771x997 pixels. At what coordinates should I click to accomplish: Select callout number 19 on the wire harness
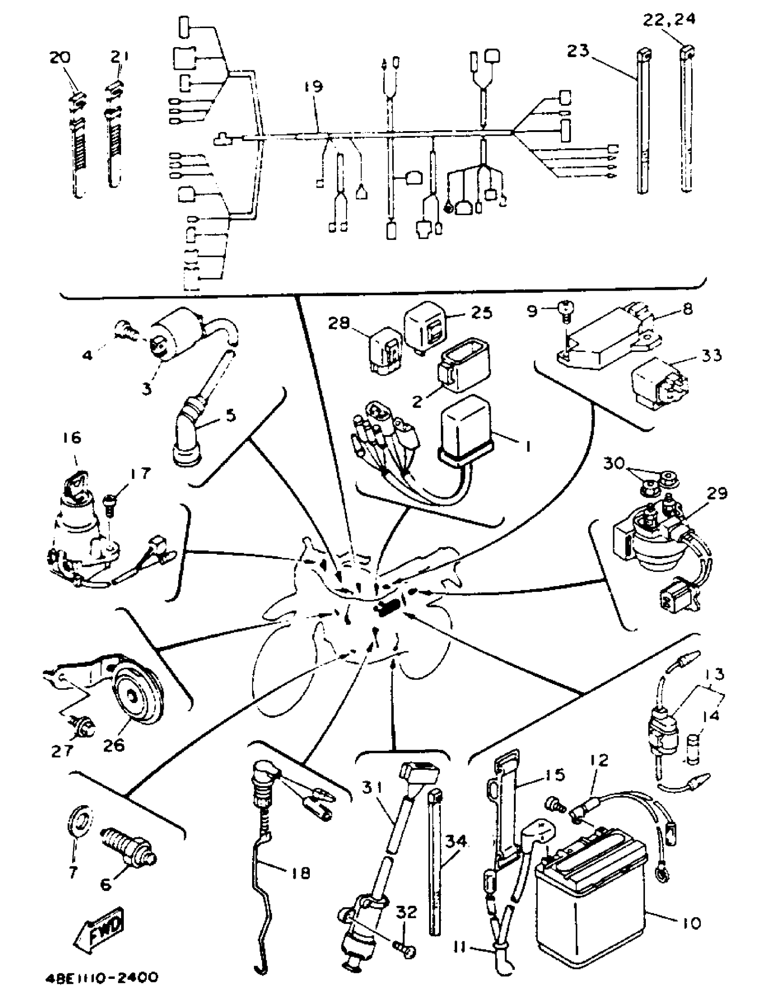click(313, 87)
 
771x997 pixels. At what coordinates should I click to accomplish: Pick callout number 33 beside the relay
click(712, 355)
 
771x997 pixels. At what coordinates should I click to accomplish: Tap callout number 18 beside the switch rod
click(299, 873)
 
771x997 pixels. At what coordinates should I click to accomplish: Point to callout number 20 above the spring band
click(60, 58)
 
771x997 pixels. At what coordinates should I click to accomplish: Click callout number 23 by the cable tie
click(578, 51)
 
